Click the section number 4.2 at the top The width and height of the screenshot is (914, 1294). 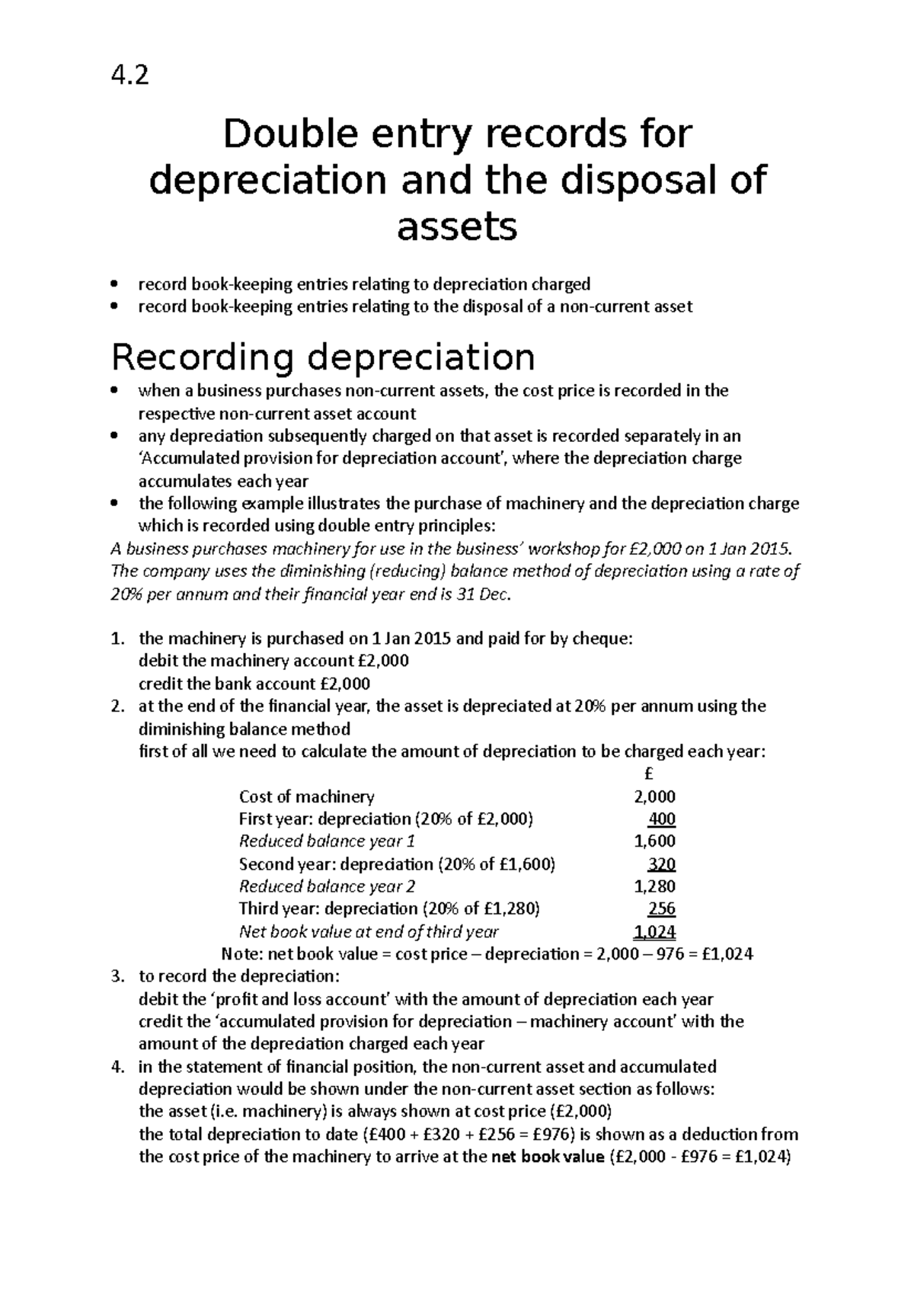pyautogui.click(x=130, y=75)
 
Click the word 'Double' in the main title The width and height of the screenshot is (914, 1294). pyautogui.click(x=283, y=135)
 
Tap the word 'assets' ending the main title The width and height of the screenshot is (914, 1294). pyautogui.click(x=457, y=226)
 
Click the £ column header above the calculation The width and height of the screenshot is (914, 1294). pyautogui.click(x=649, y=774)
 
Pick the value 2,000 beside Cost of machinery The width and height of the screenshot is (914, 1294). pyautogui.click(x=654, y=797)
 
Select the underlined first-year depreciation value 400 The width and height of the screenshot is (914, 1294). pyautogui.click(x=662, y=819)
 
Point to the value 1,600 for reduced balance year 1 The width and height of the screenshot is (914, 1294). pyautogui.click(x=654, y=841)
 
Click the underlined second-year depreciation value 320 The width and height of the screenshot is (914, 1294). pyautogui.click(x=662, y=864)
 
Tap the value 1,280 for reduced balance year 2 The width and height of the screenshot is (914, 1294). pyautogui.click(x=654, y=886)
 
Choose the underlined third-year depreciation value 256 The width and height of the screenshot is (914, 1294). pyautogui.click(x=662, y=909)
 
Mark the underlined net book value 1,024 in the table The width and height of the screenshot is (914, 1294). pyautogui.click(x=654, y=931)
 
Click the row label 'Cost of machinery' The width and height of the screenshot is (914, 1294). pyautogui.click(x=306, y=797)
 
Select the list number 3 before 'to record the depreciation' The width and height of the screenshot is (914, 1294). pyautogui.click(x=116, y=977)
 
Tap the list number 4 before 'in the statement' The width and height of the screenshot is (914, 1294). pyautogui.click(x=116, y=1067)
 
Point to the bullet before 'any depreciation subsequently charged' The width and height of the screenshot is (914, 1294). pyautogui.click(x=114, y=437)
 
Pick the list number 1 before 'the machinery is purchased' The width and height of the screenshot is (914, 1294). pyautogui.click(x=116, y=639)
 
